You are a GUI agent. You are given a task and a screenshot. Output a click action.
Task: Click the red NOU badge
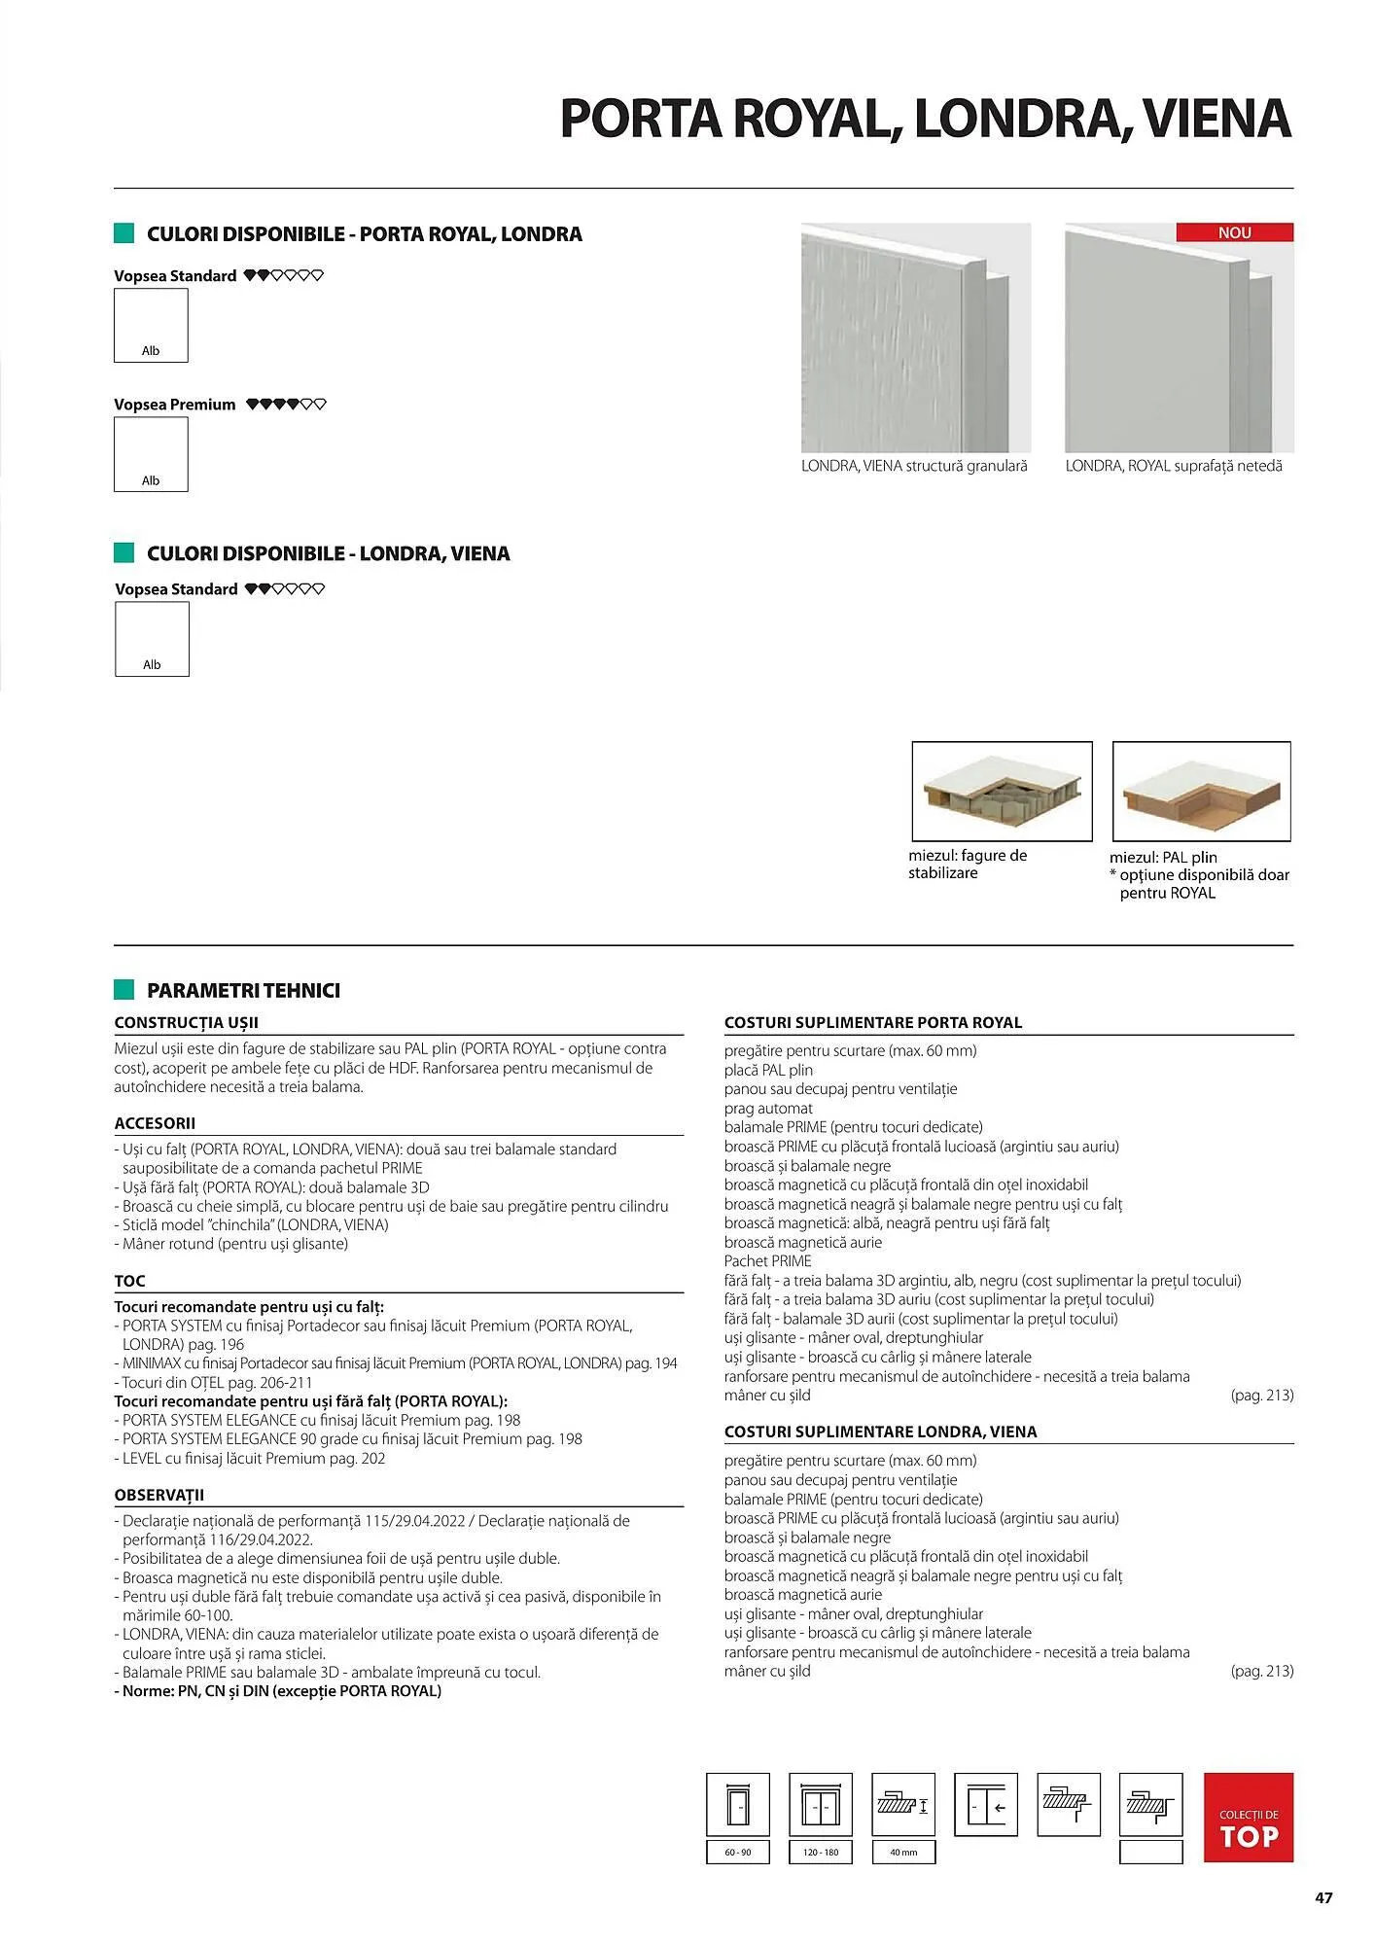click(1234, 232)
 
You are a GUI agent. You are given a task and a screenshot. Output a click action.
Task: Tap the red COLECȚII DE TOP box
click(1248, 1817)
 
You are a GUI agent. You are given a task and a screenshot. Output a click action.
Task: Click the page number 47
click(1322, 1897)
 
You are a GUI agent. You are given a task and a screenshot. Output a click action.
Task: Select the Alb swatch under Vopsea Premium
click(151, 454)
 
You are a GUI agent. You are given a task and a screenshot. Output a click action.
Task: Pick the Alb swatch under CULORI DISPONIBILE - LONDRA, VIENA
click(152, 639)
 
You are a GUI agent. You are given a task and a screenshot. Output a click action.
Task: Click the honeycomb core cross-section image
click(1002, 791)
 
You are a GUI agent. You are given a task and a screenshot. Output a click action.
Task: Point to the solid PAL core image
click(1201, 791)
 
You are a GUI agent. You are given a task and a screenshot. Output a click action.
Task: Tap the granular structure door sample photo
click(915, 337)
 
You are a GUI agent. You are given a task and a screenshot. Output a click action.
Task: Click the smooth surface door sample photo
click(1179, 337)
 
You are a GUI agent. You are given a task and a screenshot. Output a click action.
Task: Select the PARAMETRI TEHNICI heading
click(243, 991)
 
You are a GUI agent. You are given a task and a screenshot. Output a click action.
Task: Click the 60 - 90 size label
click(737, 1853)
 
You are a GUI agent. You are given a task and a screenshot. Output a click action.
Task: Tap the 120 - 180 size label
click(821, 1853)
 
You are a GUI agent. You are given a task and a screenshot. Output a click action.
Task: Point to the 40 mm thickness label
click(903, 1853)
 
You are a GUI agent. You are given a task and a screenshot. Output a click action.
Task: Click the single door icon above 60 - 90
click(737, 1805)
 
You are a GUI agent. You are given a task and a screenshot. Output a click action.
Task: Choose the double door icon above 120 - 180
click(821, 1805)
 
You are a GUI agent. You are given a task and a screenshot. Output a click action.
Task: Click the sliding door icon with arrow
click(986, 1805)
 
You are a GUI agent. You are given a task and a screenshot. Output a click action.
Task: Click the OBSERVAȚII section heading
click(159, 1495)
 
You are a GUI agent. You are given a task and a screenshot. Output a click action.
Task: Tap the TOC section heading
click(129, 1281)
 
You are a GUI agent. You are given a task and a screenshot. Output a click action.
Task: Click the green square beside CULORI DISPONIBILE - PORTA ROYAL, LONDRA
click(123, 233)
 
